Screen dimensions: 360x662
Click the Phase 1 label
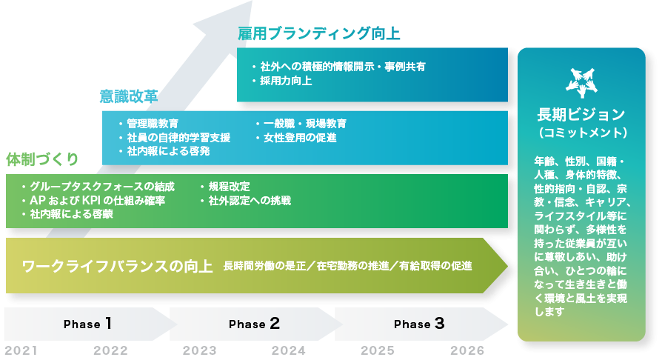pyautogui.click(x=87, y=324)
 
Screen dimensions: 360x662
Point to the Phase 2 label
pyautogui.click(x=253, y=324)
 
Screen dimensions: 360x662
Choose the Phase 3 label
pyautogui.click(x=418, y=324)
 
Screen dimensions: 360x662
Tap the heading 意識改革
pyautogui.click(x=129, y=96)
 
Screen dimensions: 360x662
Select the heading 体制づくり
pyautogui.click(x=42, y=159)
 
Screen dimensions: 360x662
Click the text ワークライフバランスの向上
pyautogui.click(x=117, y=266)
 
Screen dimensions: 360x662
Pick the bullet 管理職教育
pyautogui.click(x=152, y=124)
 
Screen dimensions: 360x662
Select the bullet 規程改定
pyautogui.click(x=228, y=187)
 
